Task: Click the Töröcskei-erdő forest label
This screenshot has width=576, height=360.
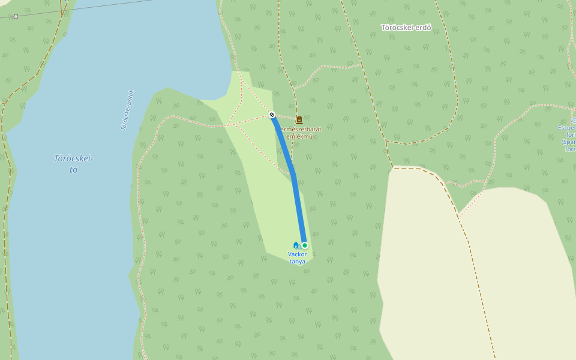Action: coord(406,27)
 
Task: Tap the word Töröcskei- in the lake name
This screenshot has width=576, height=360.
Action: coord(73,158)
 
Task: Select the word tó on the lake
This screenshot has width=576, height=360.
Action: coord(73,169)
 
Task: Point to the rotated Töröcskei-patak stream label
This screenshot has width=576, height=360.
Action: coord(127,110)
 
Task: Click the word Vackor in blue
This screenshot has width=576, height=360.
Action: coord(297,254)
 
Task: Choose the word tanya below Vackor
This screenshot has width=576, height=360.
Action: coord(297,262)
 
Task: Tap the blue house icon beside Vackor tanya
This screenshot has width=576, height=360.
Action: coord(296,245)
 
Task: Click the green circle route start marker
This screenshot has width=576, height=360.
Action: coord(305,245)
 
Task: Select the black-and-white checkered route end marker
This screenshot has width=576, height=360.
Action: coord(272,115)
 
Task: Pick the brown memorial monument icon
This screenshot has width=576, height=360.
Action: coord(299,121)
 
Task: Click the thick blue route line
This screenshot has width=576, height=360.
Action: coord(298,204)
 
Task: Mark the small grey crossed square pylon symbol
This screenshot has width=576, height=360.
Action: coord(16,16)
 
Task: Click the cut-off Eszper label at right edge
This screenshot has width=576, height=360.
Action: coord(567,127)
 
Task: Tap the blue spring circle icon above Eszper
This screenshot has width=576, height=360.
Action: coord(574,121)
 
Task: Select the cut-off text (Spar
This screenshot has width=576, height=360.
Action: coord(569,142)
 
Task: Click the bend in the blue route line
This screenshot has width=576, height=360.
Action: coord(293,174)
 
